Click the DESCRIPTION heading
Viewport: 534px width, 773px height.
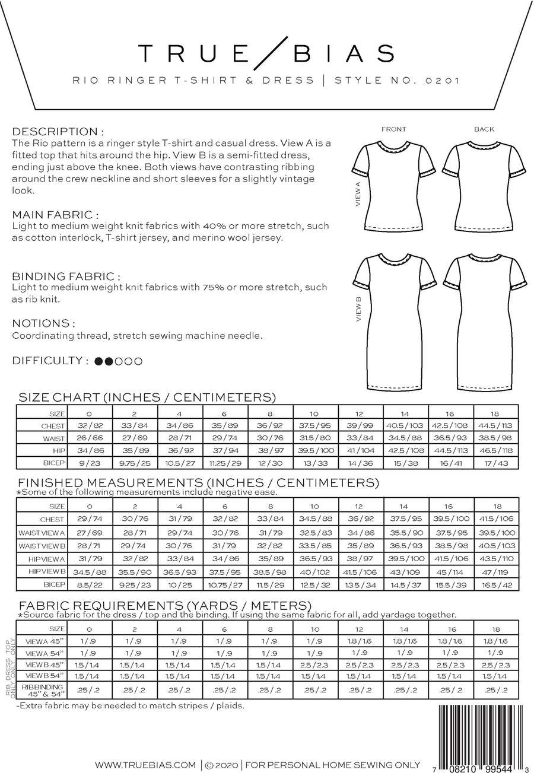58,132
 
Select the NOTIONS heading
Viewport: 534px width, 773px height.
43,323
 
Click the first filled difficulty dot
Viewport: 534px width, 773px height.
98,361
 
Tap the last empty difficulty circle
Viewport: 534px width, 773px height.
138,361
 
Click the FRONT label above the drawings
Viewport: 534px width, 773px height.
394,129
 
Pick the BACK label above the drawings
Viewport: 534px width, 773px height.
484,129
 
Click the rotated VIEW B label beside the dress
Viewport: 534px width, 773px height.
358,310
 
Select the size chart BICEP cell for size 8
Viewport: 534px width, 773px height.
270,463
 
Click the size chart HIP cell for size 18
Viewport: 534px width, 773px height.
495,451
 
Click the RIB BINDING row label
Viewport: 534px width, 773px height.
42,690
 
